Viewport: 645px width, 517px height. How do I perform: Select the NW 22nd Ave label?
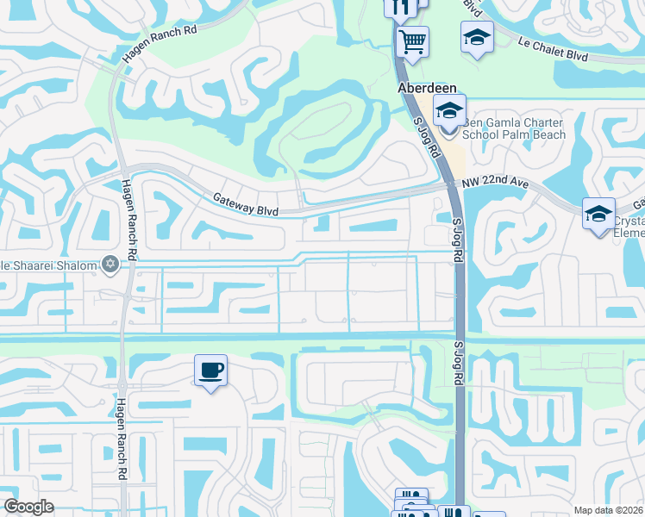point(494,189)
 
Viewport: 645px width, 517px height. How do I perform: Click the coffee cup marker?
point(210,371)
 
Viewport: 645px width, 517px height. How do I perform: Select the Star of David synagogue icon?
point(110,265)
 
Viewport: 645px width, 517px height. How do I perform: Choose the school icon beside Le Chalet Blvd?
point(477,37)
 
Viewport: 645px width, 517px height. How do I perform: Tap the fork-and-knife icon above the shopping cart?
point(399,7)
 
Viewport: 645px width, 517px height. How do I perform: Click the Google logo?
point(28,507)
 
